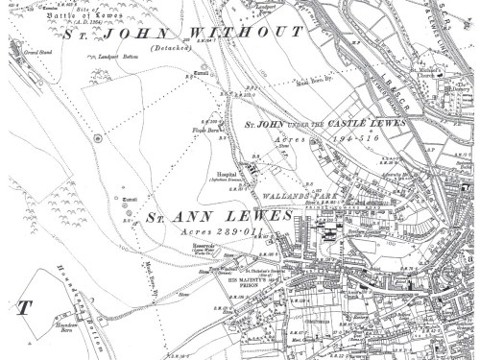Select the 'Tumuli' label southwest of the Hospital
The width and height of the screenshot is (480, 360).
128,197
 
